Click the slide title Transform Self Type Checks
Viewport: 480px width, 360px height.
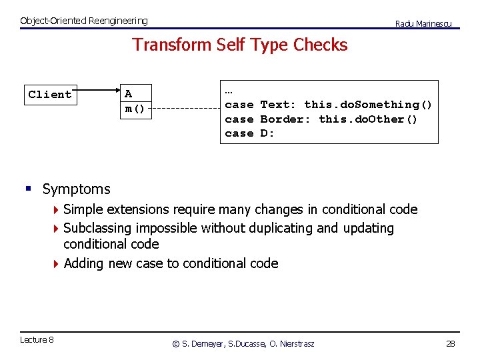tap(240, 45)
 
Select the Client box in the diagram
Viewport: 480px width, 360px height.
tap(50, 95)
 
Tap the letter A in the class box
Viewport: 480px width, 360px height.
tap(128, 94)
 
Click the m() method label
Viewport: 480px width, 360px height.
tap(135, 108)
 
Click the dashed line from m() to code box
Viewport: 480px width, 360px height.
tap(187, 109)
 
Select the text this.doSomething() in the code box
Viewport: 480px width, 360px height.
tap(368, 105)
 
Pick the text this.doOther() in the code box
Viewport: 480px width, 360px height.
tap(368, 119)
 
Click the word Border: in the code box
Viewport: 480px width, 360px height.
tap(285, 119)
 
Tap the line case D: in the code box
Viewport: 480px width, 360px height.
tap(249, 133)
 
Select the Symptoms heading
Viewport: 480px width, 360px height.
tap(76, 189)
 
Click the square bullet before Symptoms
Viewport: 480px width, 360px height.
tap(28, 189)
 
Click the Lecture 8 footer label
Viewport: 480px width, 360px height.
tap(37, 340)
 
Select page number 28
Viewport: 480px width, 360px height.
tap(450, 343)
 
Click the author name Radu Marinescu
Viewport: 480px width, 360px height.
tap(423, 24)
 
